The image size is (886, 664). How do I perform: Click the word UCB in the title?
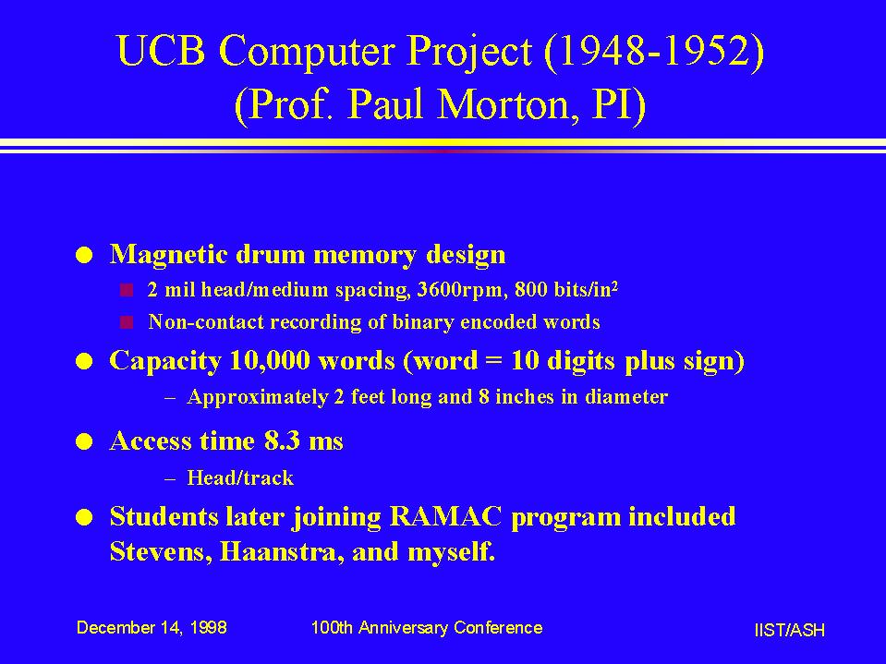[161, 50]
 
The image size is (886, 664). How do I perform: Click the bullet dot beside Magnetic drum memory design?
[84, 255]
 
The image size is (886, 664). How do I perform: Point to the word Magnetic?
[168, 254]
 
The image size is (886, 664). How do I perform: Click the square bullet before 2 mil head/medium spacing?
[127, 290]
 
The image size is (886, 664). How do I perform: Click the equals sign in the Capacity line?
[493, 361]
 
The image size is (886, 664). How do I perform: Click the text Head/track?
[240, 478]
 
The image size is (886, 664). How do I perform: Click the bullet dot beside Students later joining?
[84, 518]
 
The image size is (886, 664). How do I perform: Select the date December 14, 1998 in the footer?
[152, 628]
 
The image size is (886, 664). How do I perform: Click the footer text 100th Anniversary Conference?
[427, 628]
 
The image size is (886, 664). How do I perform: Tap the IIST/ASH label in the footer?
[789, 630]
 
